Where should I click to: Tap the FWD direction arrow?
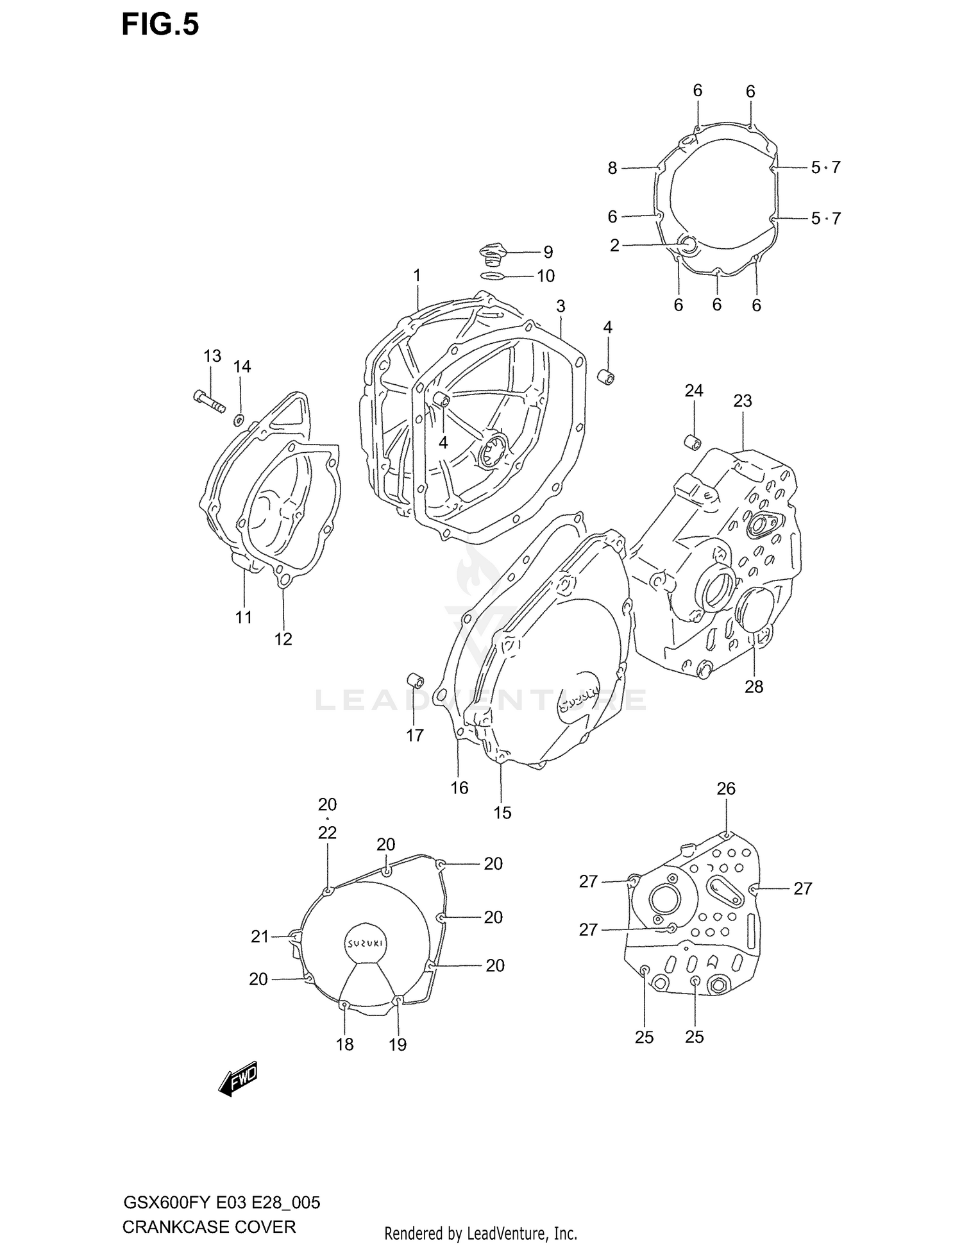pos(238,1080)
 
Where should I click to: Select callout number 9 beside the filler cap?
pos(548,252)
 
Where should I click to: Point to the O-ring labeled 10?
pos(492,276)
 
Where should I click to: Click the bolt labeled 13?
pos(208,402)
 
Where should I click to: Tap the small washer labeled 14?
pos(239,420)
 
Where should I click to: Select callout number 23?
pos(742,401)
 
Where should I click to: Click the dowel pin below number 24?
pos(692,441)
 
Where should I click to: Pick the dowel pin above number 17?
pos(415,680)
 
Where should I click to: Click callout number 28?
pos(754,686)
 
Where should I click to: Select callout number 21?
pos(259,937)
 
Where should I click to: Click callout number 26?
pos(725,788)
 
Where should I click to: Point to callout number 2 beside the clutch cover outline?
pos(614,246)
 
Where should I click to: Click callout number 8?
pos(612,168)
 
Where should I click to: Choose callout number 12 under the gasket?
pos(283,639)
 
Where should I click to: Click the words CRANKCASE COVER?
pos(208,1227)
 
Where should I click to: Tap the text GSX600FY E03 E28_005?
pos(221,1203)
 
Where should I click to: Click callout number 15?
pos(502,813)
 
